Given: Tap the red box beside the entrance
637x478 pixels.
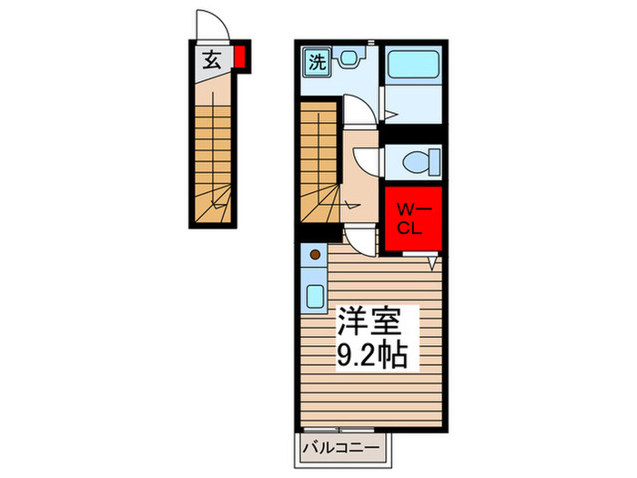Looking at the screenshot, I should click(x=239, y=58).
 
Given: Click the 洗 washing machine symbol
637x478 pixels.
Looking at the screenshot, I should click(x=316, y=62).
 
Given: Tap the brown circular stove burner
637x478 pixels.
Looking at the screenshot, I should click(x=315, y=256).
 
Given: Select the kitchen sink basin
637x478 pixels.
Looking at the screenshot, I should click(x=316, y=297).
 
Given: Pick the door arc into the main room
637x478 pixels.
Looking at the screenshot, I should click(x=361, y=240).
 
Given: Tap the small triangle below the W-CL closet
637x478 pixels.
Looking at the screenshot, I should click(x=434, y=262).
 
